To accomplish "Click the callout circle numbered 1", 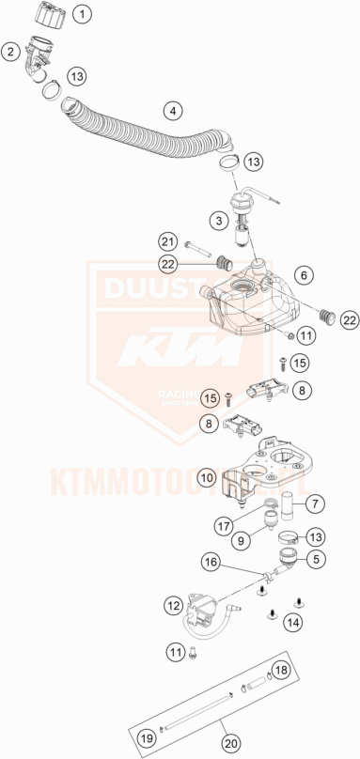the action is (84, 14).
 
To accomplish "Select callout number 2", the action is (10, 52).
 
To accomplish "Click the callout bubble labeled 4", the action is (173, 111).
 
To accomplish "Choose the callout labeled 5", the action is (315, 559).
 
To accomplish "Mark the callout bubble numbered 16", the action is (211, 562).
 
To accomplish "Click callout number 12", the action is (171, 608).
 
